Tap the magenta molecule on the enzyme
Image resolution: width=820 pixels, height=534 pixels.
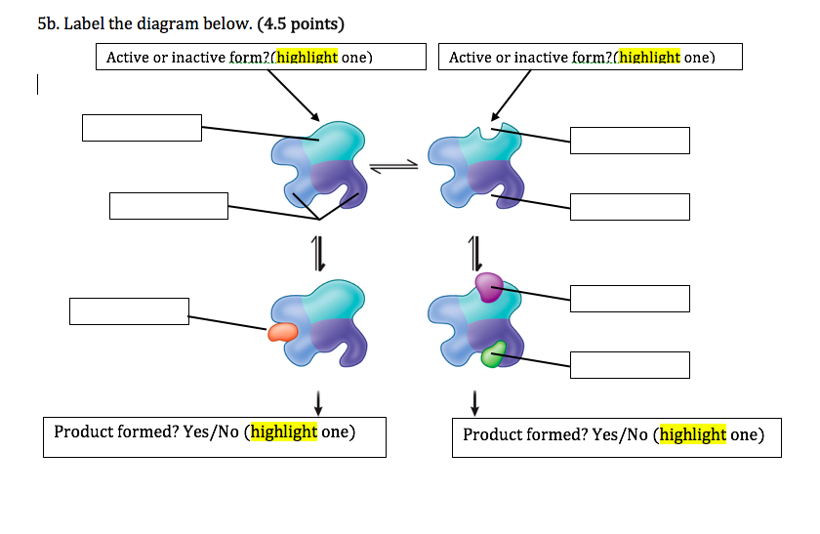click(489, 287)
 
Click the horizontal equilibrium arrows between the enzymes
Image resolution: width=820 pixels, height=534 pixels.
click(394, 168)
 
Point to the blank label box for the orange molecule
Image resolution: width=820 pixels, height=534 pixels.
click(129, 311)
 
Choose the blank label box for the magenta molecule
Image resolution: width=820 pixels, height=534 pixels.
click(630, 299)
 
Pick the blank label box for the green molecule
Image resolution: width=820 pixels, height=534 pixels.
click(630, 365)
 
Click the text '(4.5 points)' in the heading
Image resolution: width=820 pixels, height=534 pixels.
click(301, 23)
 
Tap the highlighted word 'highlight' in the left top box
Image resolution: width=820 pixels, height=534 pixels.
click(307, 58)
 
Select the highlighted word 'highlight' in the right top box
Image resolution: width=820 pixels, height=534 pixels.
click(650, 58)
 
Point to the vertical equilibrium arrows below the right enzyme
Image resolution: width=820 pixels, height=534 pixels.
click(475, 253)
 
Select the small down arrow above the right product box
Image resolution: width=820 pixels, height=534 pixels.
click(475, 401)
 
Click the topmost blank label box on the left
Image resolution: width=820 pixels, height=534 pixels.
click(142, 128)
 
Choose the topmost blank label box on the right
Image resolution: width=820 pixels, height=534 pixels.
click(630, 141)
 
